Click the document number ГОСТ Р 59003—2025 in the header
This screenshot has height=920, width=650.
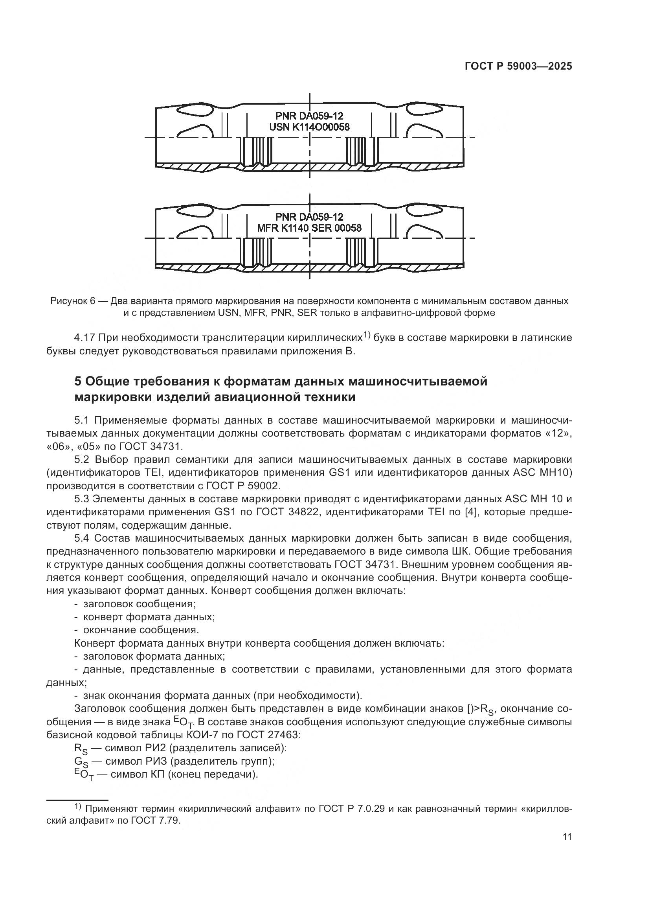(x=518, y=66)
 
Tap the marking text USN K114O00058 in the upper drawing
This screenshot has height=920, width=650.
(x=309, y=127)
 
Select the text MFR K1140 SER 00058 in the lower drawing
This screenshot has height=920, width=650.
(x=309, y=229)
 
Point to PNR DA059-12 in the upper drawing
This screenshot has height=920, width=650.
(x=309, y=116)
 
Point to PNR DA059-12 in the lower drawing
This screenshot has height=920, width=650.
(x=309, y=217)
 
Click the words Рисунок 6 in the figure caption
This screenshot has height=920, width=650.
(x=72, y=301)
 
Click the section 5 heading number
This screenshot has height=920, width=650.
(x=78, y=381)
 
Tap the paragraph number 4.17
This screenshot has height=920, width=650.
(x=84, y=338)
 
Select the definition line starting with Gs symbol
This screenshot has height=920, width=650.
(x=174, y=761)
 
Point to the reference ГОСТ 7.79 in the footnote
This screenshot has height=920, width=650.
(x=155, y=820)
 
